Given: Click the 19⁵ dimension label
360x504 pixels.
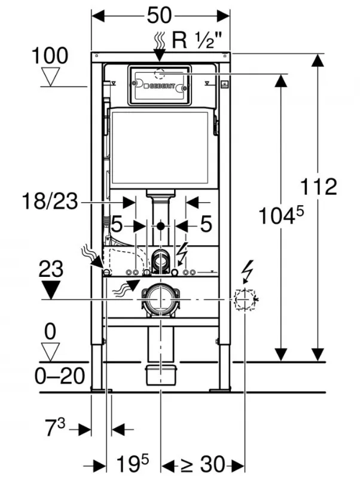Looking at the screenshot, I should [132, 463].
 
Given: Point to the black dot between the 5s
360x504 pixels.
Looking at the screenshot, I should [160, 226].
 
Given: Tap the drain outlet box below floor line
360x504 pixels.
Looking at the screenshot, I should [160, 374].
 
